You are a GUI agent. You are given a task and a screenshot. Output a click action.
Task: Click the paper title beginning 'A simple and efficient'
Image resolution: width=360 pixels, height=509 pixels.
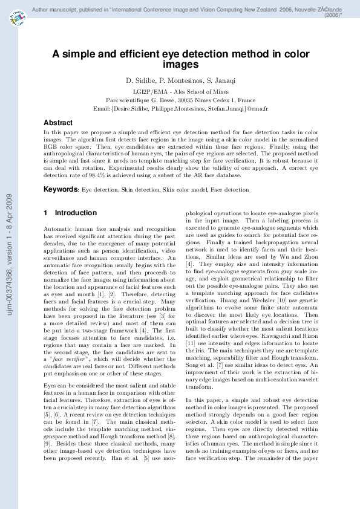pos(180,59)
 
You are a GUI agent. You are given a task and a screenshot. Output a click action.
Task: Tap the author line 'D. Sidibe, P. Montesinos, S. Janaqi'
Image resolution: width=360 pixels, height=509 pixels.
pos(180,80)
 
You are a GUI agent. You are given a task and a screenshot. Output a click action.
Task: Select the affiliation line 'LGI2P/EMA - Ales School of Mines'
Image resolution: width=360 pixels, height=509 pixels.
pos(180,91)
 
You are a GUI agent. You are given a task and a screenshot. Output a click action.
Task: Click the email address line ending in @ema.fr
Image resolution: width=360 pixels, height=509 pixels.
pos(180,108)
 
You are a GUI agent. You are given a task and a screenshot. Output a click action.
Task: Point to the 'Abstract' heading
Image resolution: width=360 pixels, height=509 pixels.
pos(58,123)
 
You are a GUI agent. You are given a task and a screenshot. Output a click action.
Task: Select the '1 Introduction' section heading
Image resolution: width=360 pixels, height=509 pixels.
pos(70,213)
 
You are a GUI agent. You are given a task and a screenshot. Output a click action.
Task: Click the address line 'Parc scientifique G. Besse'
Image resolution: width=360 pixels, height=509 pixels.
pos(180,100)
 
